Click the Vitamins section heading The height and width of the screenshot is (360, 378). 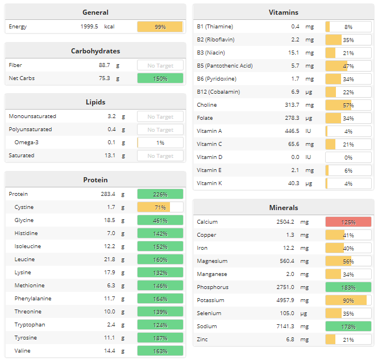click(283, 12)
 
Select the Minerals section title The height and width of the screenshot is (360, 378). click(283, 207)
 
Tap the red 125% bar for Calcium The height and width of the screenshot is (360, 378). click(348, 222)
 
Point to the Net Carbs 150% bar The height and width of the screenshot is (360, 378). click(160, 78)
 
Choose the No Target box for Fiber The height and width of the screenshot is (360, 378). click(160, 65)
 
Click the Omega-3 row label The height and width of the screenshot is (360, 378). click(26, 143)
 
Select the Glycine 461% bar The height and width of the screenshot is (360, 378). click(160, 220)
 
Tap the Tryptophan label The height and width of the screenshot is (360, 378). click(30, 325)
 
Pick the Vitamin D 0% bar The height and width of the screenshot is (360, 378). click(348, 157)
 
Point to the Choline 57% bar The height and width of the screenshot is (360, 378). click(348, 105)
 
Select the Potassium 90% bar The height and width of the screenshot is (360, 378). click(348, 300)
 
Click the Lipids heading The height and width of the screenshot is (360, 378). click(95, 102)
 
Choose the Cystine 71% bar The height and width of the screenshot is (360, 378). click(160, 207)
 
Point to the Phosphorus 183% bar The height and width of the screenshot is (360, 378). click(348, 287)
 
